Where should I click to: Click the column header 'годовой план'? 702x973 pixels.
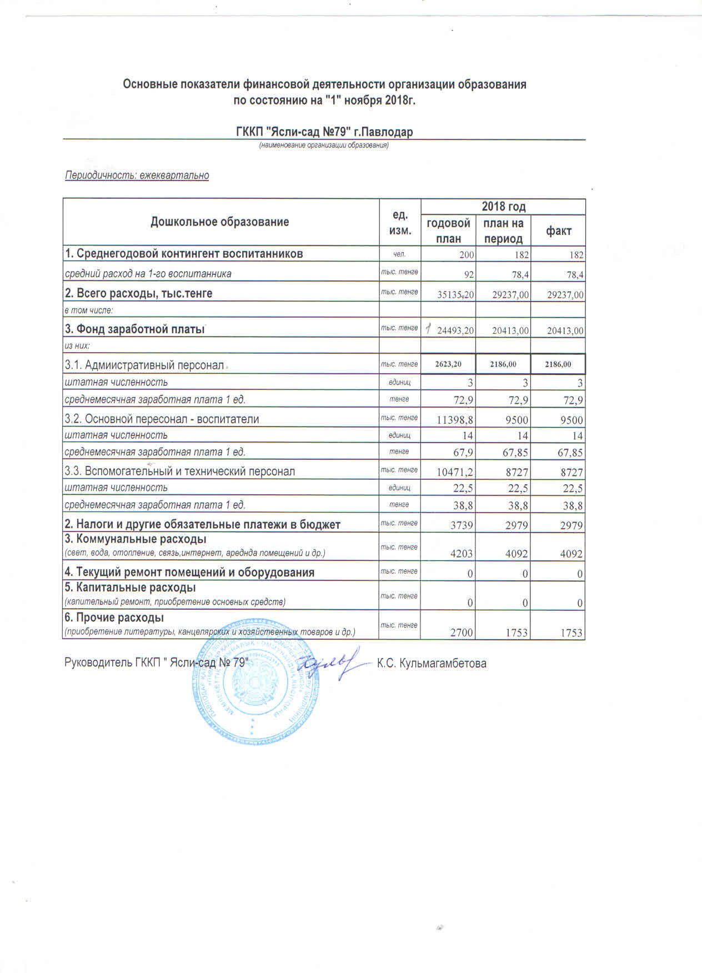point(448,231)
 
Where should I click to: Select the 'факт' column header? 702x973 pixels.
point(558,231)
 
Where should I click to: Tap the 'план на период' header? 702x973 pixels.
point(503,231)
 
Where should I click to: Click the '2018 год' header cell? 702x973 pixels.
point(503,207)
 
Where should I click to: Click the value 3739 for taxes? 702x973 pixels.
point(462,525)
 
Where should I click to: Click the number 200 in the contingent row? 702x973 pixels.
point(466,255)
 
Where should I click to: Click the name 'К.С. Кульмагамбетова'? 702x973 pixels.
point(432,663)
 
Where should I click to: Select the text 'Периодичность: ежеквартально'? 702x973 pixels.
point(137,175)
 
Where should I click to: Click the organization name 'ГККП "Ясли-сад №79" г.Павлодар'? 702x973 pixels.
point(324,132)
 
